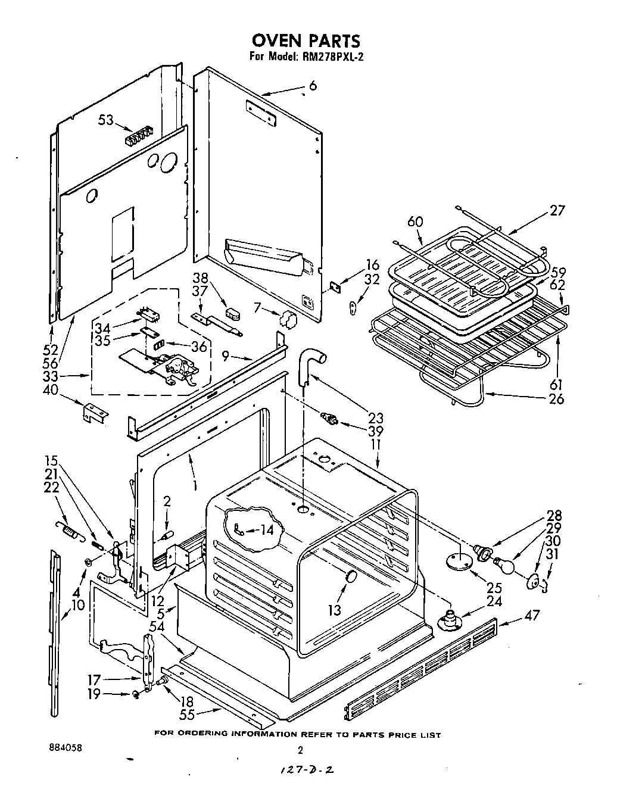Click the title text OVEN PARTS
click(306, 40)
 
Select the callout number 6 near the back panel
click(313, 86)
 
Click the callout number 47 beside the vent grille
click(531, 615)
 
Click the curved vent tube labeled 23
click(310, 364)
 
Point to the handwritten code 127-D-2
click(305, 770)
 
